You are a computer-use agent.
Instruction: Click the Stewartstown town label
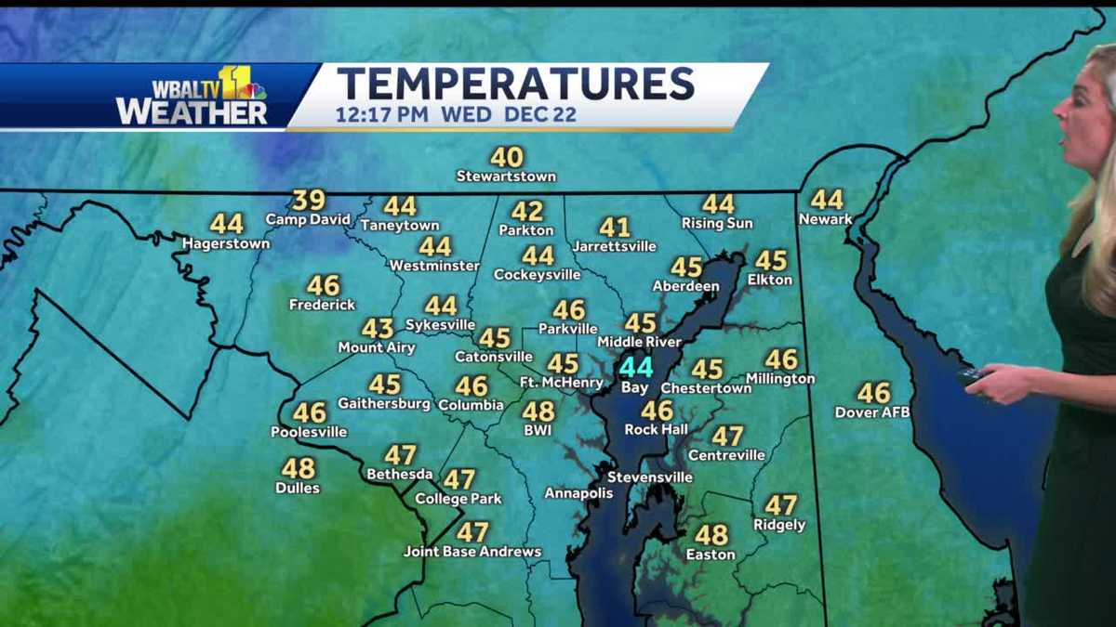tap(506, 176)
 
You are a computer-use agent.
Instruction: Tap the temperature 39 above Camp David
tap(309, 200)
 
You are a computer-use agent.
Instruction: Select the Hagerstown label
tap(226, 243)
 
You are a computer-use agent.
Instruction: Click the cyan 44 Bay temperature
tap(636, 367)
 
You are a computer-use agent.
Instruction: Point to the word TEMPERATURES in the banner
tap(515, 84)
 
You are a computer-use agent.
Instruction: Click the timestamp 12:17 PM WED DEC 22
tap(456, 115)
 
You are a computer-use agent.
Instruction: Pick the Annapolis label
tap(578, 492)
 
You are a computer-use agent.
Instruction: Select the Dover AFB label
tap(872, 411)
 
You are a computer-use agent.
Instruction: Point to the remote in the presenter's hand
tap(973, 375)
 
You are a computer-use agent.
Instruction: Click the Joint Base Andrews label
tap(472, 552)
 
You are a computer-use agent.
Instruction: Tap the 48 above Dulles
tap(299, 468)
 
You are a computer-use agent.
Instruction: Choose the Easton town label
tap(711, 555)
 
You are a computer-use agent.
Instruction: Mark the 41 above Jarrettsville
tap(615, 227)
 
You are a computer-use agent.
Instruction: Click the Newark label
tap(825, 219)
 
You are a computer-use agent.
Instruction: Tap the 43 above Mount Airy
tap(378, 328)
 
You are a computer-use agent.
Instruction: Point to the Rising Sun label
tap(717, 223)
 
